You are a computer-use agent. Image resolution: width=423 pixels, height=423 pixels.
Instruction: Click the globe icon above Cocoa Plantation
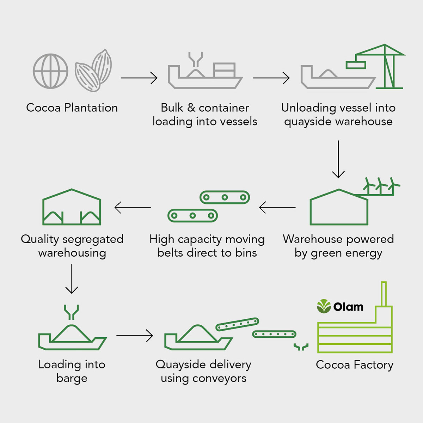tap(50, 71)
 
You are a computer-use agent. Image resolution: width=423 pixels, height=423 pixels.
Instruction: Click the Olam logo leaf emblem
tap(324, 306)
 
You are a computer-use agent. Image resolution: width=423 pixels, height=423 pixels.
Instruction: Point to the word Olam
tap(348, 307)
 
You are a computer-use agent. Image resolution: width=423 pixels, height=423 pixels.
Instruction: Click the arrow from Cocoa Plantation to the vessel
tap(139, 78)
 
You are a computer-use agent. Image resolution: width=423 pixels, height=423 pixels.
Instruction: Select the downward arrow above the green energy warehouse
tap(338, 159)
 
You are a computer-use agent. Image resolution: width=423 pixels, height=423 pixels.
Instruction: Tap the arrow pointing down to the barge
tap(72, 279)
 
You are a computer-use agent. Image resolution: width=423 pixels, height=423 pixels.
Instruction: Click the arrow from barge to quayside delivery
tap(135, 336)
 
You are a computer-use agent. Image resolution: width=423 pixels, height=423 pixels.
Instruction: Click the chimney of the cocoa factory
tap(384, 294)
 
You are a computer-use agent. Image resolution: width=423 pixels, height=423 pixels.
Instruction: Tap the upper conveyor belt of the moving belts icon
tap(225, 197)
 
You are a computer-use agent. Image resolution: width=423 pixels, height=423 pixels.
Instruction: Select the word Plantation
tap(91, 108)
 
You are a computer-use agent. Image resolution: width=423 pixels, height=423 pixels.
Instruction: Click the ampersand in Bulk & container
tap(191, 108)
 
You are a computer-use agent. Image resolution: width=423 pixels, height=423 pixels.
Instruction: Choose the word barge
tap(72, 379)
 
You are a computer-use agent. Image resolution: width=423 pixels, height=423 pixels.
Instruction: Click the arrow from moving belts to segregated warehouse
tap(133, 207)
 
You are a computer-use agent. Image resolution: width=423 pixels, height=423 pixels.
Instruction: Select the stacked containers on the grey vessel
tap(224, 70)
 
